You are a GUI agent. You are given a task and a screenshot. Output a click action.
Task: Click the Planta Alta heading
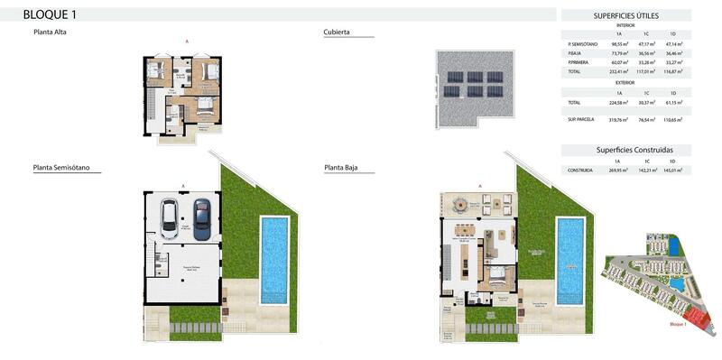point(50,32)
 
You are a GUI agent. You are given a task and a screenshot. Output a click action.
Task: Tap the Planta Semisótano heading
point(67,167)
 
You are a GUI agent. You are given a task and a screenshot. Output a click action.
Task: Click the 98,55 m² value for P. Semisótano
point(619,43)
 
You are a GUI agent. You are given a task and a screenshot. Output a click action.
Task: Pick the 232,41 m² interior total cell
point(619,70)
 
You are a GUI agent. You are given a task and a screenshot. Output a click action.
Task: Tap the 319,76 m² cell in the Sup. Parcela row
point(619,119)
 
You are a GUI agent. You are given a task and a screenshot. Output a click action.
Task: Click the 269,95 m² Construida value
point(619,170)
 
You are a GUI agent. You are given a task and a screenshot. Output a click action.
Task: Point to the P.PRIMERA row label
point(579,61)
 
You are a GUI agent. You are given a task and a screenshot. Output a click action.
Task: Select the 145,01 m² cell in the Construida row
point(673,170)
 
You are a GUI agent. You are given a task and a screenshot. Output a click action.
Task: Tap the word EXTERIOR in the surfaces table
point(625,82)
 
